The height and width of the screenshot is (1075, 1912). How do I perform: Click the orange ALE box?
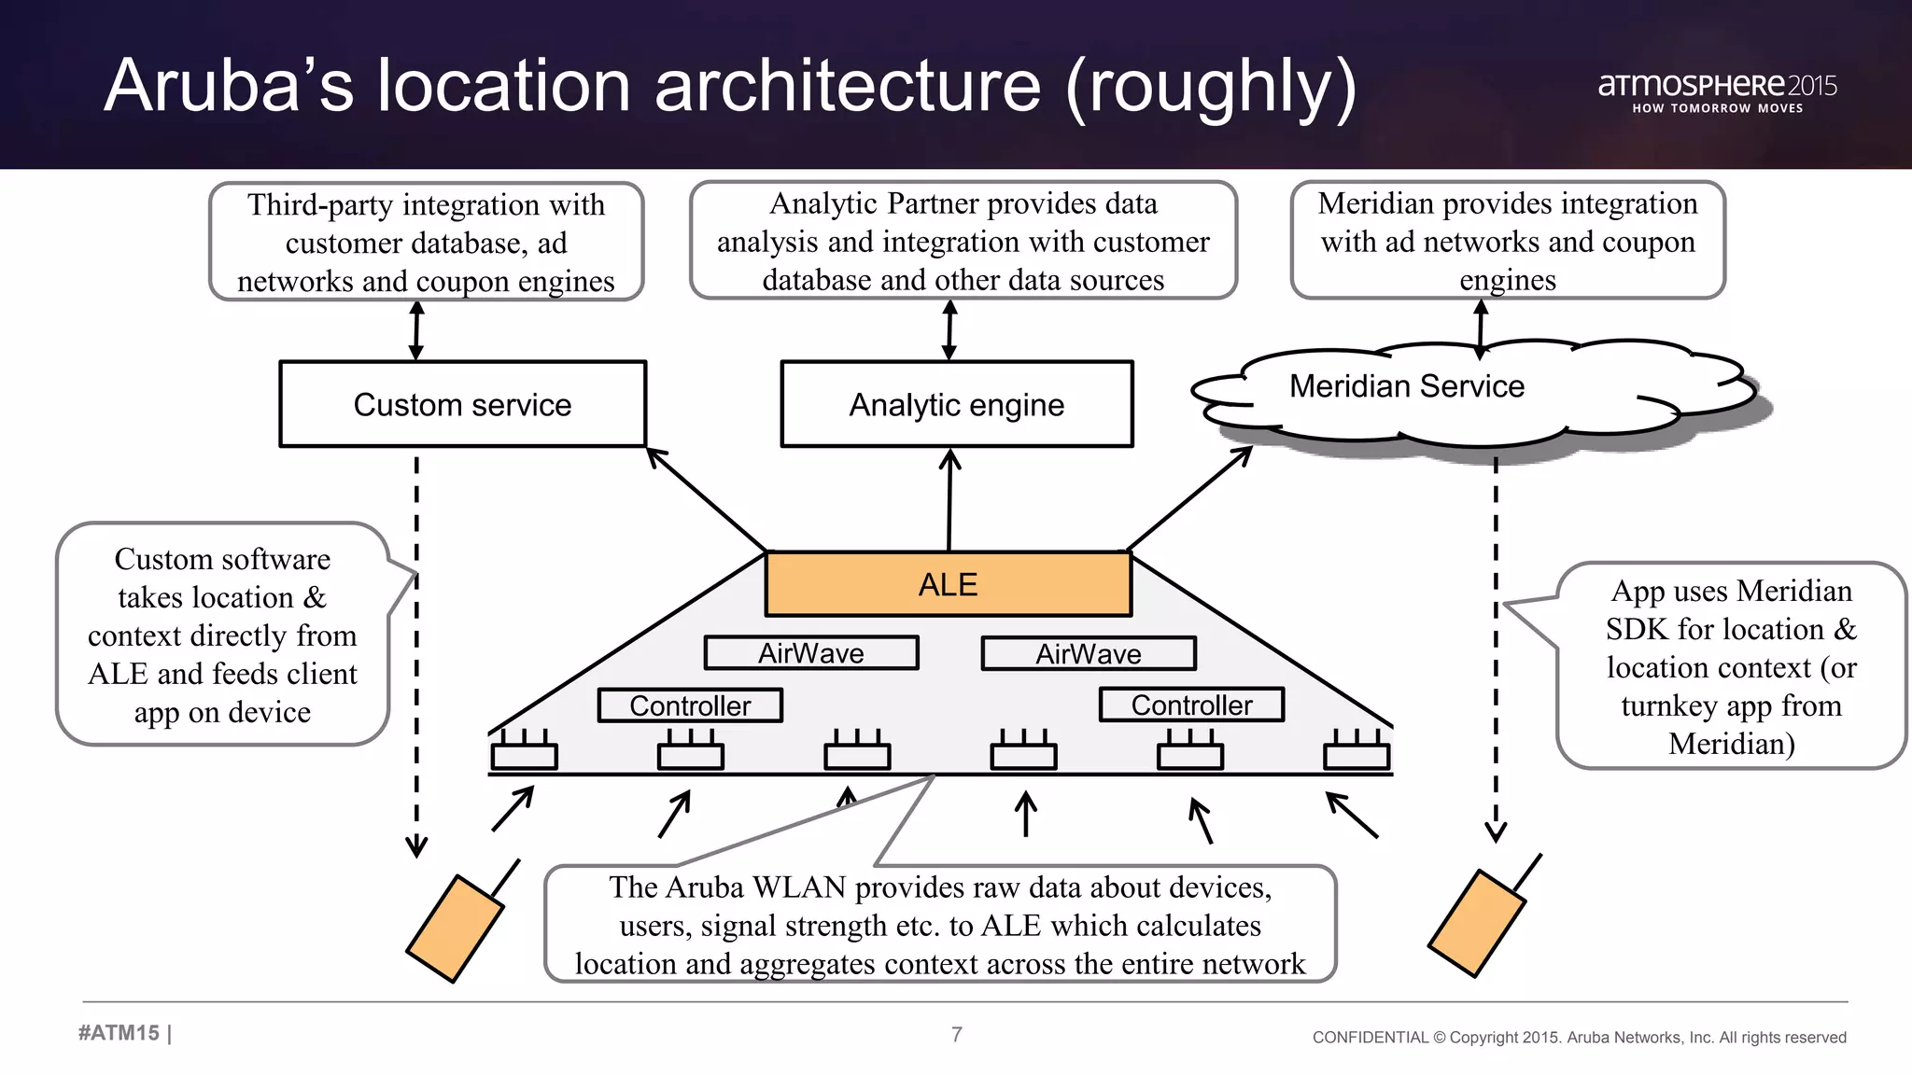[948, 584]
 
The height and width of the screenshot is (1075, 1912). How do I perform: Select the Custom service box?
[462, 404]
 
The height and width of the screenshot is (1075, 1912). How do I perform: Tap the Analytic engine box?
[956, 404]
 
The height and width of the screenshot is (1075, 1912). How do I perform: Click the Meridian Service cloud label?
[1406, 386]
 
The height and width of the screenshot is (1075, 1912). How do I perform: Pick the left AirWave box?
[810, 653]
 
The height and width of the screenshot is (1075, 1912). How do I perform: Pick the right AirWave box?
[1088, 653]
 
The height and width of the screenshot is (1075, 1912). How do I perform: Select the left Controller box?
[690, 705]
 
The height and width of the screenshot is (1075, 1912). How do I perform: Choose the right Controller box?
[1191, 705]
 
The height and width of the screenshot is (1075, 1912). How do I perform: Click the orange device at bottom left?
[455, 928]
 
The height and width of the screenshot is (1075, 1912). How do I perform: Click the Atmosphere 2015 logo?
[1716, 91]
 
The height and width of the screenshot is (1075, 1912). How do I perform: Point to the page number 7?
[956, 1034]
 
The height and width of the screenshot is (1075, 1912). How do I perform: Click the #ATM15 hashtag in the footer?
[119, 1033]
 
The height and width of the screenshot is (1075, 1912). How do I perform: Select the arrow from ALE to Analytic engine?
[949, 499]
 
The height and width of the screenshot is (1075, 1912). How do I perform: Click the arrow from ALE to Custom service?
[706, 499]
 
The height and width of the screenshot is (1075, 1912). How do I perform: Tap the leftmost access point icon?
[524, 752]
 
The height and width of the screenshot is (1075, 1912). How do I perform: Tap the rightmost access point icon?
[1357, 752]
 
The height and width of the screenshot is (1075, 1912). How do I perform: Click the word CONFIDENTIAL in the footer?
[1370, 1038]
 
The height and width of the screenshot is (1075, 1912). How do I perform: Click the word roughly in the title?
[1210, 87]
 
